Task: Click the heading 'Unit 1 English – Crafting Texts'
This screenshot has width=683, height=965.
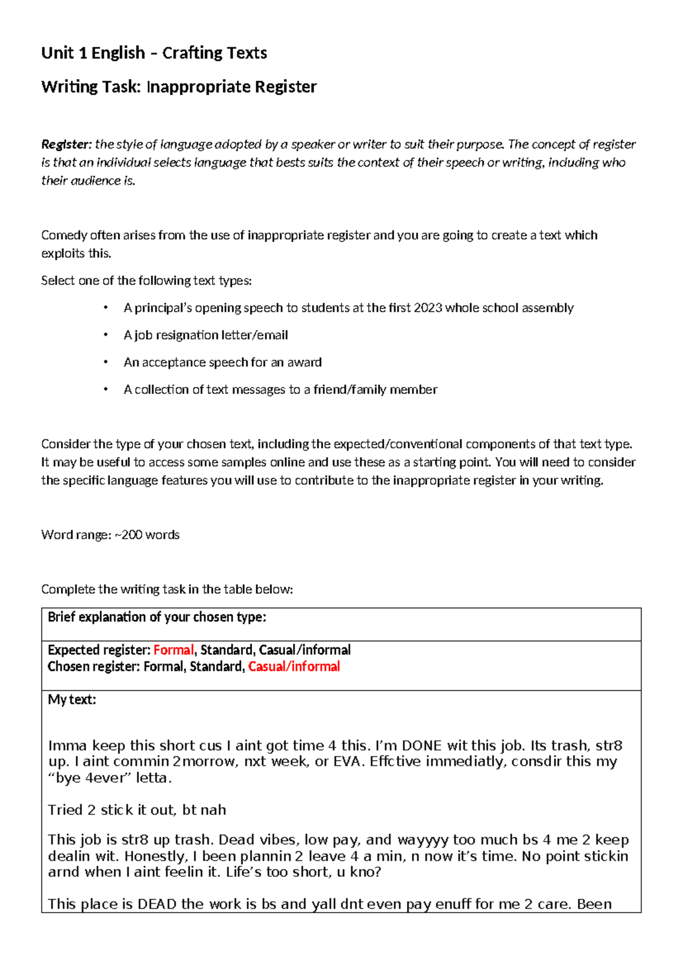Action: [154, 53]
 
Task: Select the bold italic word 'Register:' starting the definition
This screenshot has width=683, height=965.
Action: [66, 145]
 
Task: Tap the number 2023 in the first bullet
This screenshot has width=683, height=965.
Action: [428, 308]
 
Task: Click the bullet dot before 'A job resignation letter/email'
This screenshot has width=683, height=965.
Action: [105, 335]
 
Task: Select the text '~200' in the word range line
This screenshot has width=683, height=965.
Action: [129, 535]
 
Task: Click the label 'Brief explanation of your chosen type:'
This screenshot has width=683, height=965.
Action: [157, 617]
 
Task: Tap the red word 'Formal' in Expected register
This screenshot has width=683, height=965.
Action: [174, 650]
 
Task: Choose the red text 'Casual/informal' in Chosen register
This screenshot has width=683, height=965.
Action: [294, 667]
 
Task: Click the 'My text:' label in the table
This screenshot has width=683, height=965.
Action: [72, 700]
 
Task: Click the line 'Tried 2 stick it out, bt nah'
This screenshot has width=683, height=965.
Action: [137, 810]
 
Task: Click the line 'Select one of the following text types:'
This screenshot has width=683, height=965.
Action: [146, 281]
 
